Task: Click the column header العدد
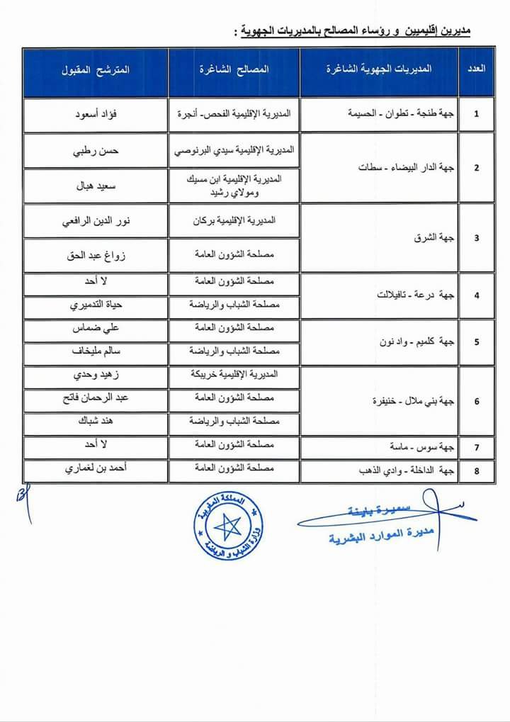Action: pos(477,69)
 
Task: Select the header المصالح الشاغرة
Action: pos(233,70)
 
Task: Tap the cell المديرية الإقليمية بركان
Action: pos(233,221)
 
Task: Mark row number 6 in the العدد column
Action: pos(477,401)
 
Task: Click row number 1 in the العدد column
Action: pos(477,113)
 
